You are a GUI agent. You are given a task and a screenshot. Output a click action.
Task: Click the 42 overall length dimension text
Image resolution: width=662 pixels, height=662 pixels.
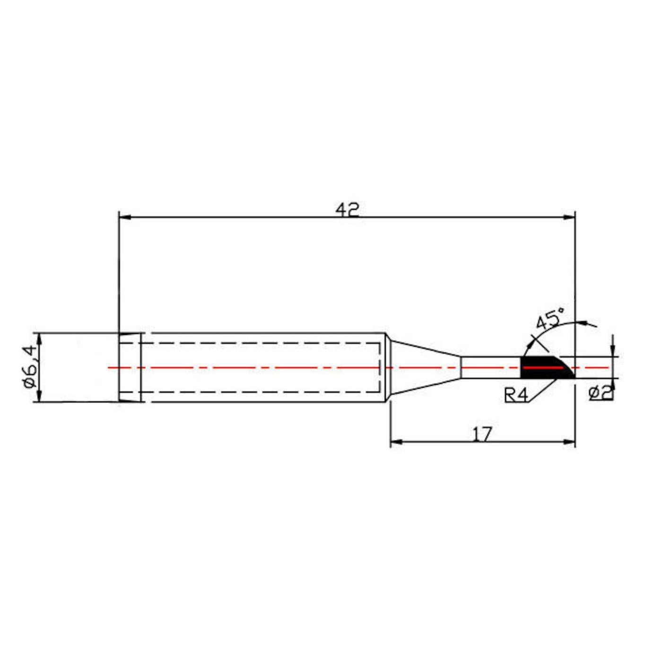pos(348,209)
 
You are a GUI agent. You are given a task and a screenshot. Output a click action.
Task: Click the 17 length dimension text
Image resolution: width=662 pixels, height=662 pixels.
pos(482,434)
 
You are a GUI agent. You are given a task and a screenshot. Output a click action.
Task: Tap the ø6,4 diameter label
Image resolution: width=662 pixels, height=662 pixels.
pos(30,366)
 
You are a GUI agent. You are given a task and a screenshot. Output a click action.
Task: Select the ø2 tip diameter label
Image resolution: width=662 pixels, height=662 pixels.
pos(601,392)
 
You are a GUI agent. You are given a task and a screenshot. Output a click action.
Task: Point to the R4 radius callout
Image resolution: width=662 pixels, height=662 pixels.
pos(516,394)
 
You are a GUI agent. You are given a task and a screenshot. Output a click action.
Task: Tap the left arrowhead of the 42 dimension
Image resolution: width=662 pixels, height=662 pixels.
pos(124,217)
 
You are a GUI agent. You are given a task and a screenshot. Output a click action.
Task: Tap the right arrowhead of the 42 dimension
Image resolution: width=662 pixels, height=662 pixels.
pos(570,217)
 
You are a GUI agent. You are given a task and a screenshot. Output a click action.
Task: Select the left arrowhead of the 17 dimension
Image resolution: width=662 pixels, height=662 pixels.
pos(396,442)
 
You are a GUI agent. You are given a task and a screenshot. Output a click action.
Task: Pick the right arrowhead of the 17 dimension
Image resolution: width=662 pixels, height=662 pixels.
pos(570,442)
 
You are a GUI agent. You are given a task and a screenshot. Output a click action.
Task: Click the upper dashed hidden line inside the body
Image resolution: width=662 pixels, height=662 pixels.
pos(260,343)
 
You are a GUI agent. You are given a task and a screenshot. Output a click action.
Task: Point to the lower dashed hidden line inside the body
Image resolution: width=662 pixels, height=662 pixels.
pos(260,392)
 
